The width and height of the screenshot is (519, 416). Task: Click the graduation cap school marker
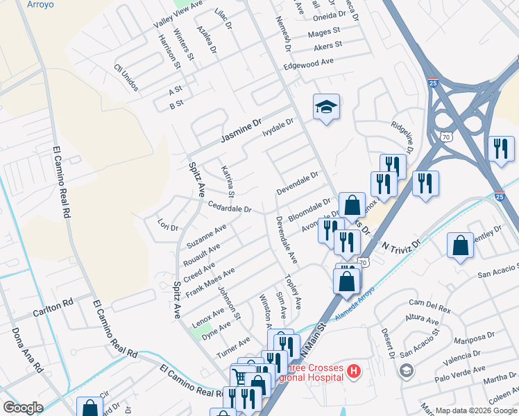point(326,107)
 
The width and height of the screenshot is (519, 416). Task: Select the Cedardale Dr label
point(229,207)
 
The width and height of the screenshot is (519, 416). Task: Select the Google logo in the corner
point(23,407)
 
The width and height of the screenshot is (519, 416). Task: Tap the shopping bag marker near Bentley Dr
point(461,245)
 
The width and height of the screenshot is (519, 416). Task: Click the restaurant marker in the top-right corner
point(500,148)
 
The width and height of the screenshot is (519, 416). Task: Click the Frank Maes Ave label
point(211,282)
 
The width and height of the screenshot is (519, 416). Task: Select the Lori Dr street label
point(168,227)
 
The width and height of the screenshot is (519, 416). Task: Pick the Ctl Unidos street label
point(126,78)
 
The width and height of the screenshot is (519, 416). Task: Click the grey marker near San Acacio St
point(406,370)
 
